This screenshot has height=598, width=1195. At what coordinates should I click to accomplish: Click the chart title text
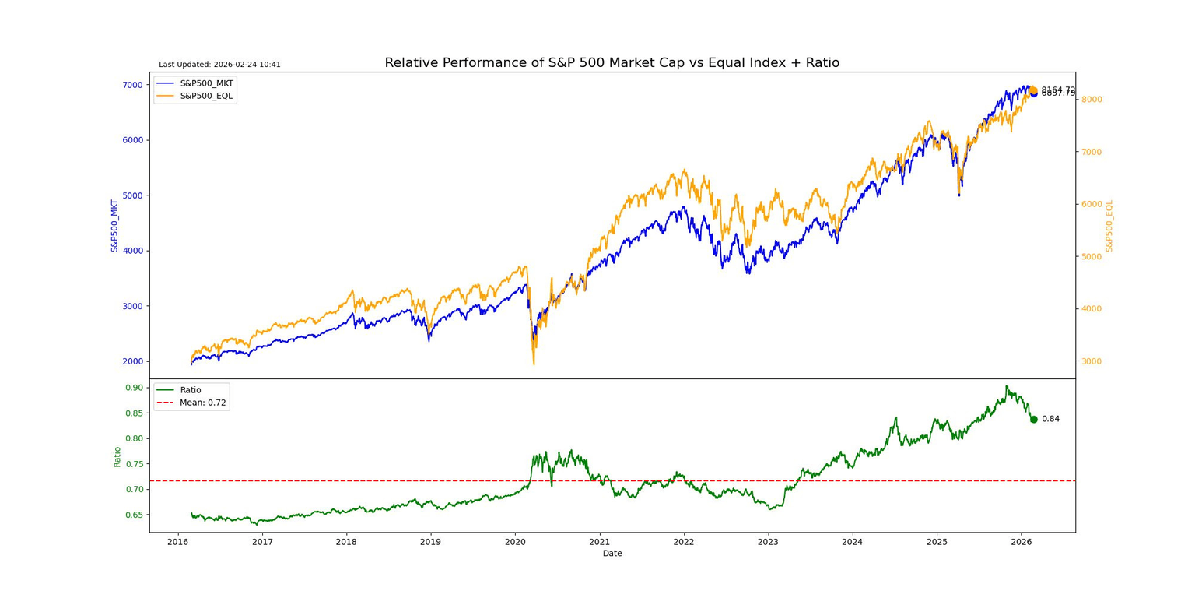(x=612, y=63)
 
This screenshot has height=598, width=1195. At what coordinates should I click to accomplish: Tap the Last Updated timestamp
(x=219, y=65)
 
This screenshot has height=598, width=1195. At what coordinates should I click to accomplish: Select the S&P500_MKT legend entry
(x=206, y=83)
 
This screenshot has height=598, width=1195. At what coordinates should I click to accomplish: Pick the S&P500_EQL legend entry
(x=206, y=96)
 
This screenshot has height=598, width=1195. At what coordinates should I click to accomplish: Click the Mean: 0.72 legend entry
(x=202, y=403)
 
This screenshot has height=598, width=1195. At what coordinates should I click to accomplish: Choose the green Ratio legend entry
(x=190, y=390)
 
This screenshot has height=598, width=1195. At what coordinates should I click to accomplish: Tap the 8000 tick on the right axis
(x=1092, y=100)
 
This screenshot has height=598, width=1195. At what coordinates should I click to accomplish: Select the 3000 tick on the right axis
(x=1092, y=361)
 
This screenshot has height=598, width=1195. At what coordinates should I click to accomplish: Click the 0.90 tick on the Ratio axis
(x=134, y=388)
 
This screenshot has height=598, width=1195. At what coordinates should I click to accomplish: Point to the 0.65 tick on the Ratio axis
(x=134, y=515)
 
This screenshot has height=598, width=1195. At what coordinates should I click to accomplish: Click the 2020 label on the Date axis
(x=515, y=542)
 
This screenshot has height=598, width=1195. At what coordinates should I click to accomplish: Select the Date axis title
(x=612, y=554)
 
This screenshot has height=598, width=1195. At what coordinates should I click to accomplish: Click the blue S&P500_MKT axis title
(x=114, y=226)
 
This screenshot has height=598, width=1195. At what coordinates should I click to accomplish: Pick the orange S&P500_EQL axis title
(x=1109, y=226)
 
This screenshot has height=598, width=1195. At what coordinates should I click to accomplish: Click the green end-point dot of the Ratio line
(x=1033, y=419)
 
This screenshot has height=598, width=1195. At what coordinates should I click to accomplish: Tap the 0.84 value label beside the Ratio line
(x=1050, y=419)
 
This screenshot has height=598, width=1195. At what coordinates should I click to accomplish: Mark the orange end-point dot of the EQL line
(x=1033, y=90)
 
